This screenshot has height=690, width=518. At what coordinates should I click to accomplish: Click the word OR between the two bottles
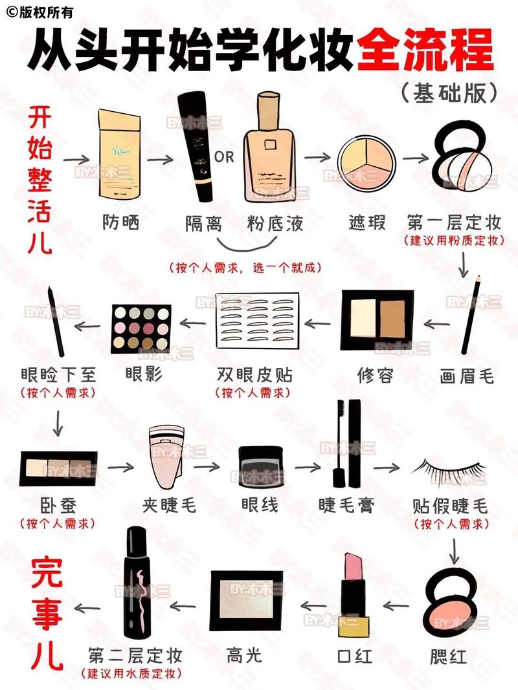click(x=224, y=157)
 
